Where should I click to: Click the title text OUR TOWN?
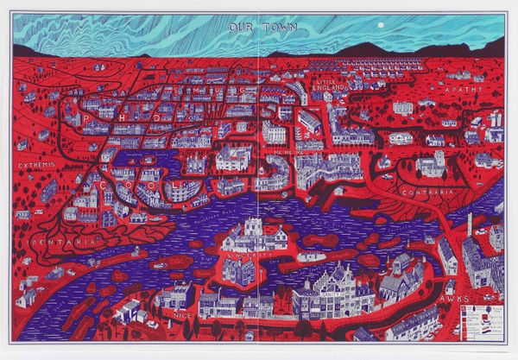click(262, 27)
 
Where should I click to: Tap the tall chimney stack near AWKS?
click(471, 227)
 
